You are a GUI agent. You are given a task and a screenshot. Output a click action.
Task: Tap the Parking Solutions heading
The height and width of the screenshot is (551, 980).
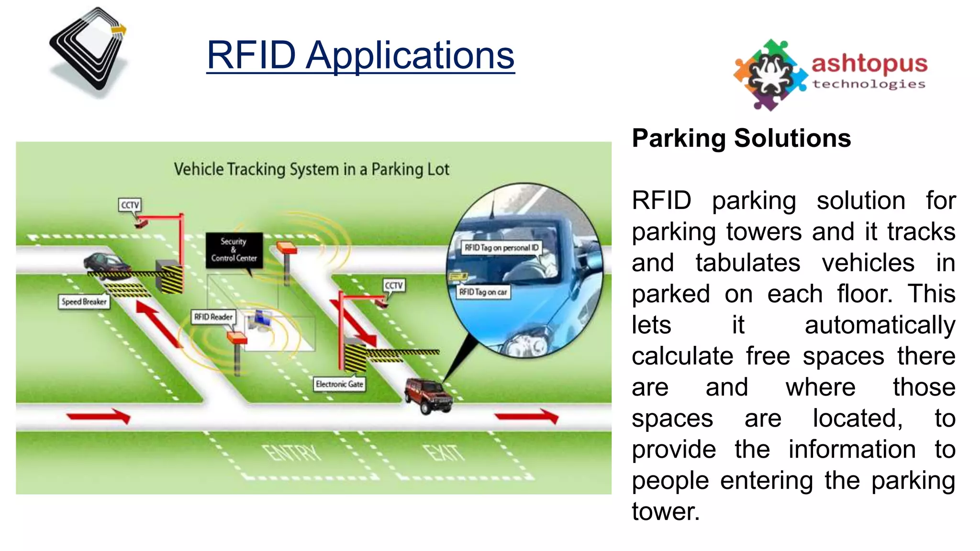(x=741, y=138)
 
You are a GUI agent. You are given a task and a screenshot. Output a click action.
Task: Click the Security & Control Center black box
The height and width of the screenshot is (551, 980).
(x=234, y=250)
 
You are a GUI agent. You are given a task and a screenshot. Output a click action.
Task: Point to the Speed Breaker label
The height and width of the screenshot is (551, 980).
(x=84, y=302)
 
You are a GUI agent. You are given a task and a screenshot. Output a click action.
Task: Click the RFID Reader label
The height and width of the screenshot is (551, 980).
(x=213, y=317)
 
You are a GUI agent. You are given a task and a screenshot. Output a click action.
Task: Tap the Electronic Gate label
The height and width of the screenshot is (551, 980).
(x=339, y=384)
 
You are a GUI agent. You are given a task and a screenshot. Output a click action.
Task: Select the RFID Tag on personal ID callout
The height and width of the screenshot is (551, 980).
(x=501, y=248)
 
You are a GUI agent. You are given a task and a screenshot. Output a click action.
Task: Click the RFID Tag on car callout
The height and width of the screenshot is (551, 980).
(x=483, y=292)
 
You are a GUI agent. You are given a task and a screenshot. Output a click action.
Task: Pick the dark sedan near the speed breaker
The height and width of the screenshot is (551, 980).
(x=105, y=263)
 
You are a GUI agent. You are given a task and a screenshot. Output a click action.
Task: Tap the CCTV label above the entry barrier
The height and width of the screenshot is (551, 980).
(x=130, y=205)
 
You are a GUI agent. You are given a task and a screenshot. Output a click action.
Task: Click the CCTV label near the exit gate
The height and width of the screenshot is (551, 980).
(x=394, y=286)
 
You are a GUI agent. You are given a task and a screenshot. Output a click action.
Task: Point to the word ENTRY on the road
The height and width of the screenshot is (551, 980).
(x=292, y=452)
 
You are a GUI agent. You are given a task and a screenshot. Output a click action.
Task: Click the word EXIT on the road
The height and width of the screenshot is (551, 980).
(x=445, y=452)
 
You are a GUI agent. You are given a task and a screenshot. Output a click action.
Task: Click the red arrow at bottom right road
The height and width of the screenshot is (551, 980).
(x=527, y=416)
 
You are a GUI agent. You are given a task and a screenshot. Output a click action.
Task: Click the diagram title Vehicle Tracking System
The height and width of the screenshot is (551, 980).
(x=312, y=169)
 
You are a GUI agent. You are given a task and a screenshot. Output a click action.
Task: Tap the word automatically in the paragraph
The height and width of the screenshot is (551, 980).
(x=880, y=325)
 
